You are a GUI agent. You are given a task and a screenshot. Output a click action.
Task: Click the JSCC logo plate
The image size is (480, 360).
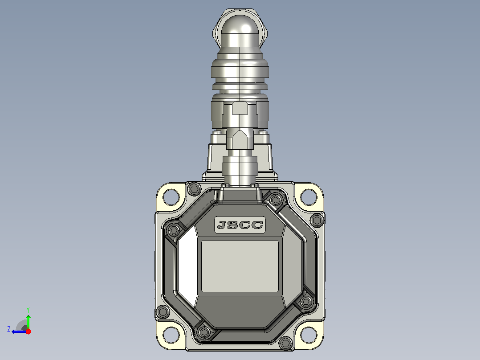pos(240,225)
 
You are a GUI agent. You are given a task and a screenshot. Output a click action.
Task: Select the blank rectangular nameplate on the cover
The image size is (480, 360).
pos(240,266)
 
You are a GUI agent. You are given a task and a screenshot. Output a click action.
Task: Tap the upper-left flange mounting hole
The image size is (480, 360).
pos(171,197)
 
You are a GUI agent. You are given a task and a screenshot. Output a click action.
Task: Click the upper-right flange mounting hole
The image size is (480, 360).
pos(309,197)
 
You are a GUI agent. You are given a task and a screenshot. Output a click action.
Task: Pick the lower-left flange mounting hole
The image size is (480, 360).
pos(171,335)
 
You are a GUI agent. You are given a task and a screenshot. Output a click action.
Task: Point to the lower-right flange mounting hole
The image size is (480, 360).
pos(309,335)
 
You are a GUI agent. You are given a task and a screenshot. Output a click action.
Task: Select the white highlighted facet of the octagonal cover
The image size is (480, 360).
pos(188,266)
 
